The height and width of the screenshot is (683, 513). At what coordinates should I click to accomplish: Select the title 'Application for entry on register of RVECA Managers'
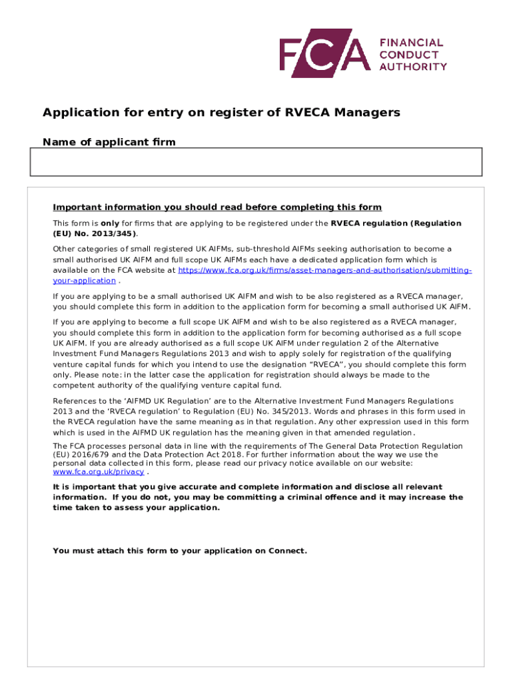pyautogui.click(x=221, y=113)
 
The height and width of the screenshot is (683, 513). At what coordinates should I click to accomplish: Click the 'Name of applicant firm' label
pyautogui.click(x=109, y=142)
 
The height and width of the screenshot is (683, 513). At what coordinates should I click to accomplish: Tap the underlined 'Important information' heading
pyautogui.click(x=217, y=207)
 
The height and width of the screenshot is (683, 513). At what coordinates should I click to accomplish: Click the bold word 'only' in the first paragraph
pyautogui.click(x=110, y=223)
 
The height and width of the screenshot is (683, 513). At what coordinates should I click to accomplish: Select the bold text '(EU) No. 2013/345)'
pyautogui.click(x=95, y=234)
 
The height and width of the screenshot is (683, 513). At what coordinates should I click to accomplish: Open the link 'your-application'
pyautogui.click(x=84, y=281)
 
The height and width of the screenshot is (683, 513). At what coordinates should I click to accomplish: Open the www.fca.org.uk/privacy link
pyautogui.click(x=98, y=472)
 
